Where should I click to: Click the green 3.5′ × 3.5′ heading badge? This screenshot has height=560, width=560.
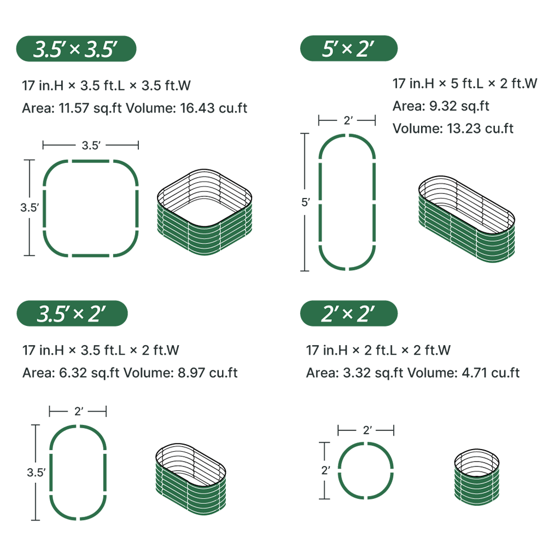[x=76, y=49]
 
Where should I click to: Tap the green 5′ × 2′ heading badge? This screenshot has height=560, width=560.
[x=348, y=48]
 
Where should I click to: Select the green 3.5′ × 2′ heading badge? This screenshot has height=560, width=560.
[x=72, y=313]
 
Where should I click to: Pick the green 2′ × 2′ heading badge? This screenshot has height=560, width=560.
[x=348, y=313]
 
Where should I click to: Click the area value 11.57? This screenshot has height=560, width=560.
[x=74, y=108]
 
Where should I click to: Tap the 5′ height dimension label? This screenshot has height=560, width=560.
[x=305, y=202]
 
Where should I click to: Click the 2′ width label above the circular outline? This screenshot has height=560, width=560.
[x=367, y=430]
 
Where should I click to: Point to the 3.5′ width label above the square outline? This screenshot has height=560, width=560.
[x=91, y=145]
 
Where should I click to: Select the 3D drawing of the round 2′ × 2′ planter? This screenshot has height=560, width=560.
[x=477, y=477]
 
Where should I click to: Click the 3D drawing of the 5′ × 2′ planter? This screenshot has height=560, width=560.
[x=466, y=219]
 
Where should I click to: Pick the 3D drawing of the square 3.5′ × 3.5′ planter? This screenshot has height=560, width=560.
[x=205, y=212]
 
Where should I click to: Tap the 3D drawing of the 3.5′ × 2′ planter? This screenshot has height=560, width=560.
[x=191, y=479]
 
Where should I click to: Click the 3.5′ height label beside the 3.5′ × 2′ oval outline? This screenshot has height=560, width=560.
[x=36, y=472]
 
